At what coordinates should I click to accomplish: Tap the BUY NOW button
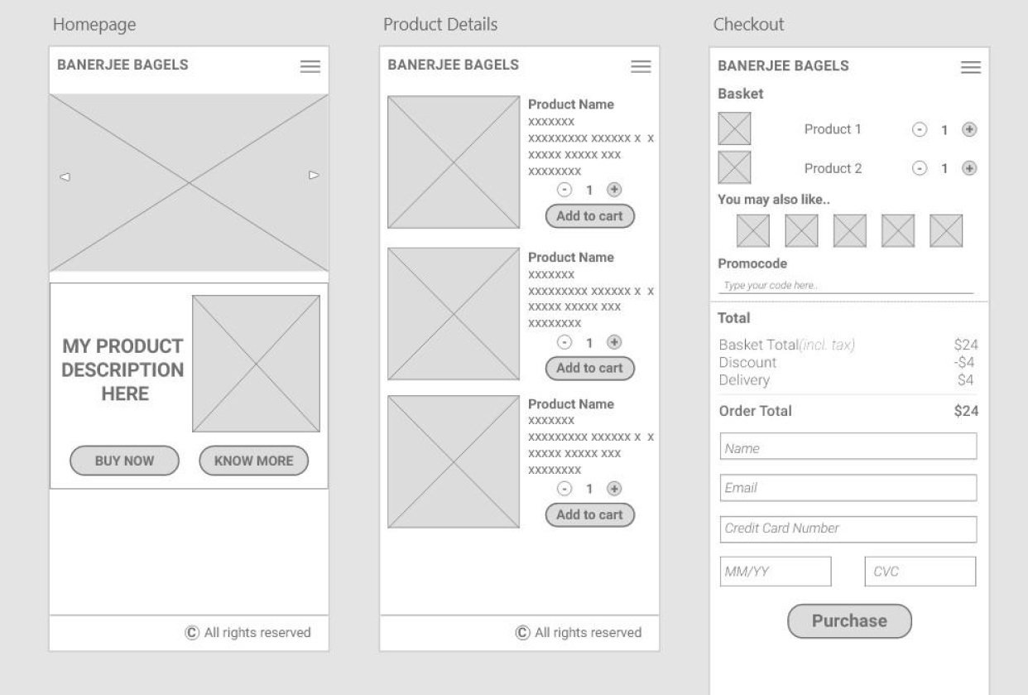pos(124,461)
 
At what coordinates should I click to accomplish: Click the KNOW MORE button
pos(253,461)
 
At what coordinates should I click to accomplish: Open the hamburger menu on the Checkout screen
pos(971,67)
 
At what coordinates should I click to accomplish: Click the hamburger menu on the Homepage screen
pos(310,66)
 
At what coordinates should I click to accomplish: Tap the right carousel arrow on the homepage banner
pos(314,176)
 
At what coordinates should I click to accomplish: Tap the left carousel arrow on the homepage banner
pos(65,176)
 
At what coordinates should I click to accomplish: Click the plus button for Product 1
pos(969,129)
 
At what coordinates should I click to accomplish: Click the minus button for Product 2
pos(920,168)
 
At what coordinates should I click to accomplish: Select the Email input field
pos(848,488)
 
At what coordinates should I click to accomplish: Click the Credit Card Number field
pos(848,528)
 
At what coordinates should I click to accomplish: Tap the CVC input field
pos(920,572)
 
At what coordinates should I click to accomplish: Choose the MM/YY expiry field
pos(776,572)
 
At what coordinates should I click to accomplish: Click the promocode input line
pos(845,286)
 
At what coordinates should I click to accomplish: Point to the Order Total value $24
pos(966,411)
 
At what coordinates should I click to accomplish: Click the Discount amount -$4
pos(964,362)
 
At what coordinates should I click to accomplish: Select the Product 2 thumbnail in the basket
pos(734,167)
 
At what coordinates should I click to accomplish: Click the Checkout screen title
pos(748,25)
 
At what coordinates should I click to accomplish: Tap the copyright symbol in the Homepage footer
pos(192,633)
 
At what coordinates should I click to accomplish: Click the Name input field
pos(848,447)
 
